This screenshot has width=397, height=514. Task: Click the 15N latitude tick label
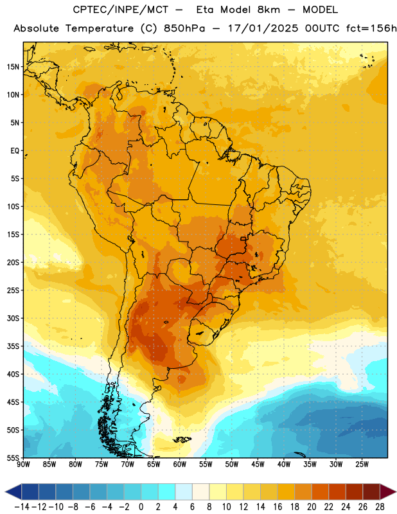13,67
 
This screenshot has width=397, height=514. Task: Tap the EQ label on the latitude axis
15,151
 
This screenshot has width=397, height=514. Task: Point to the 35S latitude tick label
13,346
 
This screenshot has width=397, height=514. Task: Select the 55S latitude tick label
13,457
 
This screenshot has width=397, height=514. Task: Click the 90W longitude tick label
23,465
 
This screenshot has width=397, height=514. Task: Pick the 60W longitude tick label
180,465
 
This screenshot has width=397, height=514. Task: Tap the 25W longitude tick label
362,465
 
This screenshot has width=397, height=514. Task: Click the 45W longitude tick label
258,465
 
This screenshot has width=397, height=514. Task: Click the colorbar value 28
380,507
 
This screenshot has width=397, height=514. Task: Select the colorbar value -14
22,507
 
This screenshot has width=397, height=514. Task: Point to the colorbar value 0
141,507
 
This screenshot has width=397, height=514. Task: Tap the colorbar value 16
278,507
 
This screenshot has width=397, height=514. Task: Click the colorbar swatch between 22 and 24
337,492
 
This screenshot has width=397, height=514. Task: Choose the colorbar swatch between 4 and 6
184,492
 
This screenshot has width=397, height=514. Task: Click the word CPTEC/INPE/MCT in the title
121,10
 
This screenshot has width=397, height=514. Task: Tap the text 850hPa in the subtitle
184,28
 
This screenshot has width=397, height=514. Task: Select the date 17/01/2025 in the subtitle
263,28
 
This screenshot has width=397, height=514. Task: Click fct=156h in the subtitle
371,28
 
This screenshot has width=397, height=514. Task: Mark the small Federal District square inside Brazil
243,239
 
